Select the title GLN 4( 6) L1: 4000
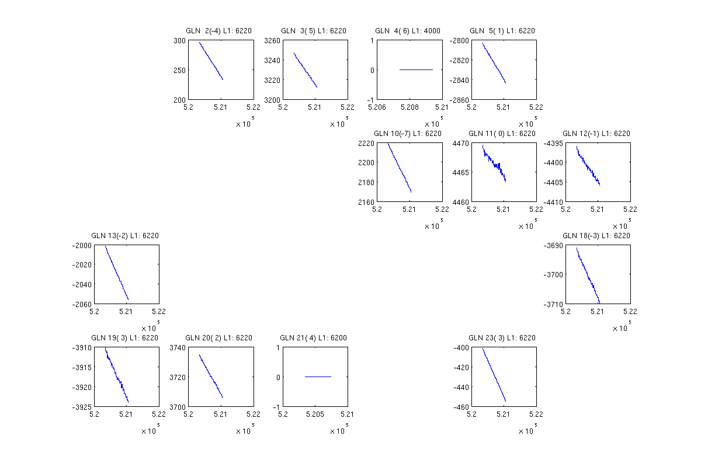(408, 31)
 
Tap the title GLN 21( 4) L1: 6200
(313, 338)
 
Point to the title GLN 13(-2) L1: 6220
(125, 236)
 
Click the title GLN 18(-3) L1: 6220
(596, 236)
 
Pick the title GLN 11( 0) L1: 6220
(502, 134)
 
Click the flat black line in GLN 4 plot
(416, 69)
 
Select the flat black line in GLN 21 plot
(318, 377)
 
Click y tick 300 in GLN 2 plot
(179, 41)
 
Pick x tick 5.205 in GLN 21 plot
(315, 414)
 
